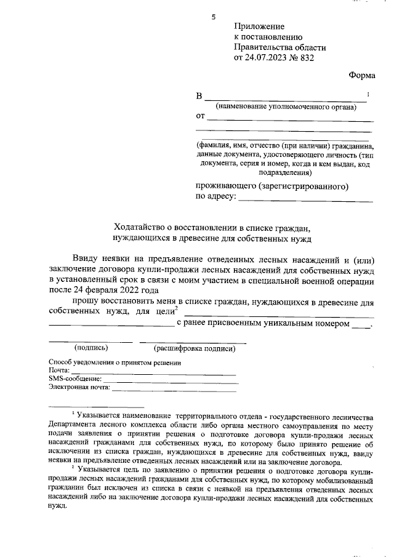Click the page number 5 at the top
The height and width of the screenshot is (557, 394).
click(214, 17)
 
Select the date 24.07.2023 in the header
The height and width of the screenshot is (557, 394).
click(268, 58)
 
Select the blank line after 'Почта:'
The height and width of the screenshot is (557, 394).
click(154, 374)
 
